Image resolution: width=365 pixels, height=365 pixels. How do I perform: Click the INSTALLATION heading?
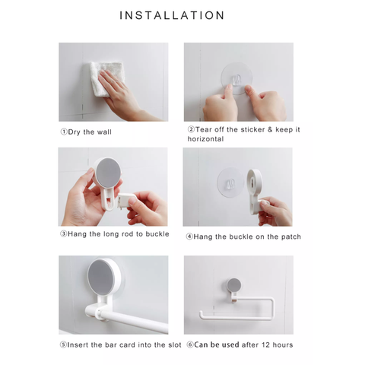[x=182, y=15]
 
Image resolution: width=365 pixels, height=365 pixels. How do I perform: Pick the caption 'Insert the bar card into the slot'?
[x=122, y=344]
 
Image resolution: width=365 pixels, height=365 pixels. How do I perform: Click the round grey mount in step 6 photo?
[x=235, y=285]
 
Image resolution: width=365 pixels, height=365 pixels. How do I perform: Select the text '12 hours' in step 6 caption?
[x=278, y=344]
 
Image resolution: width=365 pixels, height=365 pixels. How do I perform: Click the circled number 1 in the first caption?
[x=63, y=131]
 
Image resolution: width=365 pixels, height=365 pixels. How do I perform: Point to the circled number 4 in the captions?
[x=189, y=236]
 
